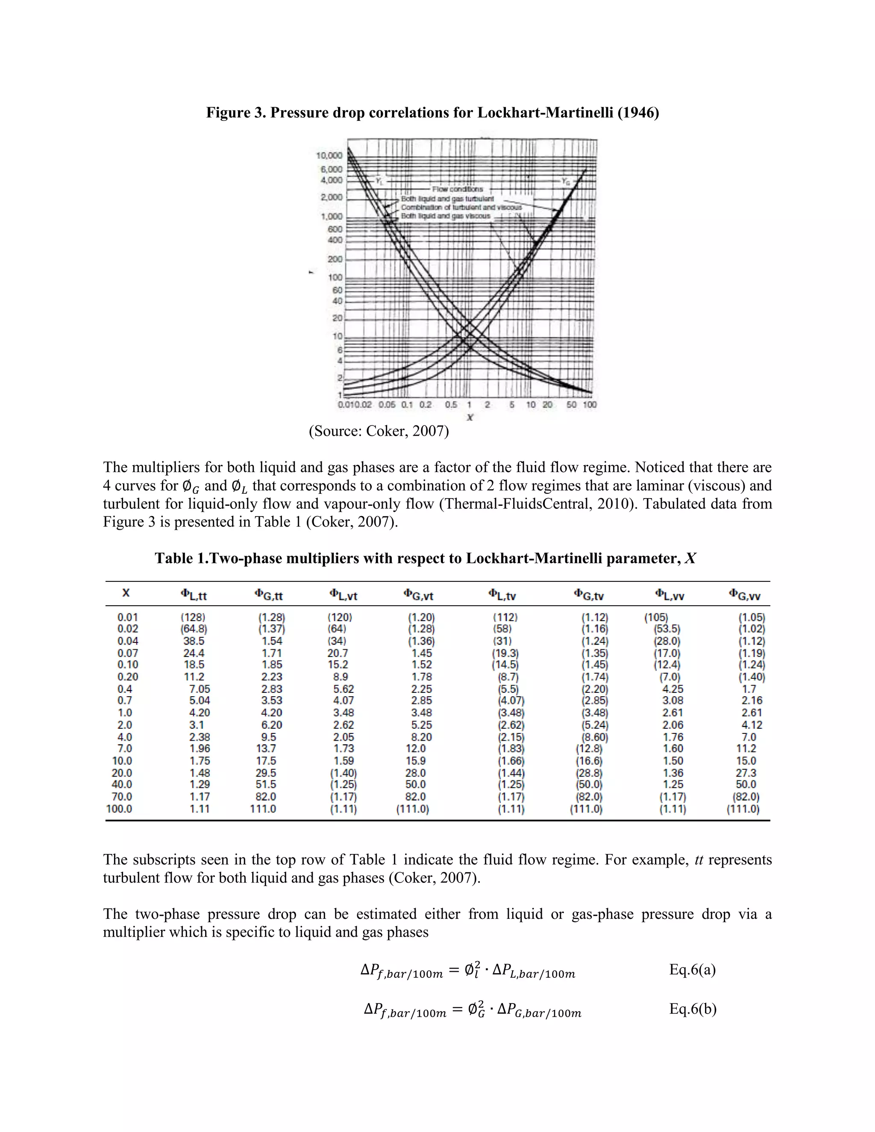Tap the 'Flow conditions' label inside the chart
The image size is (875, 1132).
pyautogui.click(x=457, y=189)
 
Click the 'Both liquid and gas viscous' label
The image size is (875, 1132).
pyautogui.click(x=445, y=216)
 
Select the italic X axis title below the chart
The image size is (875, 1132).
pyautogui.click(x=470, y=417)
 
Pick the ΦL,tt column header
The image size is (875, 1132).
pyautogui.click(x=194, y=595)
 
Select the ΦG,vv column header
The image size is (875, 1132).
pyautogui.click(x=744, y=595)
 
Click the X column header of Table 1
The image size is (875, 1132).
pyautogui.click(x=126, y=593)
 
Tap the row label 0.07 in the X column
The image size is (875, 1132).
pyautogui.click(x=127, y=653)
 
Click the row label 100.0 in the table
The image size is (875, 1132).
pyautogui.click(x=120, y=809)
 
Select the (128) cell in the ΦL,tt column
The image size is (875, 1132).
pyautogui.click(x=193, y=617)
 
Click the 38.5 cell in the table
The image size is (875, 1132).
pyautogui.click(x=194, y=641)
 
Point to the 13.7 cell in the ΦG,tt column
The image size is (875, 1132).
pyautogui.click(x=265, y=749)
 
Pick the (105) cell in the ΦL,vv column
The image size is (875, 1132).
pyautogui.click(x=656, y=617)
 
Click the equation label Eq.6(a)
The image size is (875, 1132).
pyautogui.click(x=692, y=969)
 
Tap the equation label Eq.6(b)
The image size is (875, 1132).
pyautogui.click(x=693, y=1009)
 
